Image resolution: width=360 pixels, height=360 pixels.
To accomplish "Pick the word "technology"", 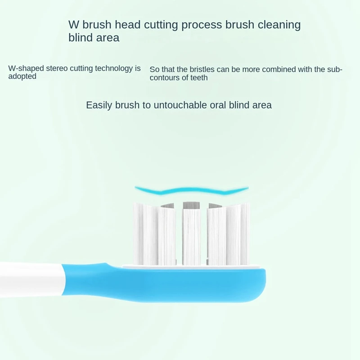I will [115, 68].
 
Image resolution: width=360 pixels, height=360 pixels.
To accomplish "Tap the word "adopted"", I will [22, 76].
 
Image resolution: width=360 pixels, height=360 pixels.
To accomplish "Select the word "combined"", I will [265, 69].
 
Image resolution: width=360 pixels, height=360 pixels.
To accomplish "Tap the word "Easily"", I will [99, 105].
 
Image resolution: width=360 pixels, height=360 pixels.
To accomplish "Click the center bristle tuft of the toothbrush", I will [191, 234].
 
